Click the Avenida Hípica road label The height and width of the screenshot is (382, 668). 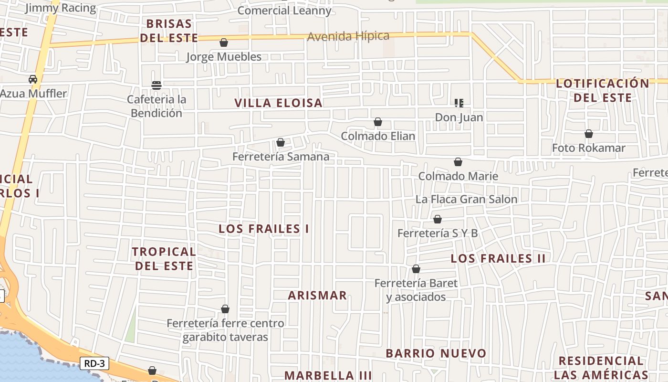348,36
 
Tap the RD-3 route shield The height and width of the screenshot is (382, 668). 94,363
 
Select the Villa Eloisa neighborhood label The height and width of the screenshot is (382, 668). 279,103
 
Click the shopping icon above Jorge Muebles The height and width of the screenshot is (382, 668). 224,43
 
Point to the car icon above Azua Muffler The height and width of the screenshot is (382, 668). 33,79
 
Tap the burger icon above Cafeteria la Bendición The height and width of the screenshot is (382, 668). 157,85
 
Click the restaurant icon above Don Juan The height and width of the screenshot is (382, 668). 459,103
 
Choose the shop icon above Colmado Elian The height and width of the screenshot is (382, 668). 378,122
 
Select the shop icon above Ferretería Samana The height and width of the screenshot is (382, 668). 281,143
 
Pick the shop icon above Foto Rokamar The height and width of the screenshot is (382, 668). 589,134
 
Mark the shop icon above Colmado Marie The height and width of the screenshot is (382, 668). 458,162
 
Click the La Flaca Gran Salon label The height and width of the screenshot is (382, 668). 466,199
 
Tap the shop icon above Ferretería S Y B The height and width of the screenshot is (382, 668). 438,220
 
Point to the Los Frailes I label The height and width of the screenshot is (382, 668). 264,229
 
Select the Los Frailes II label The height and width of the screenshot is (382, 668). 498,259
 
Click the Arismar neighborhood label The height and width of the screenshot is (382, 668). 317,295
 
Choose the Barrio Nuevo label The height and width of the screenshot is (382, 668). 436,353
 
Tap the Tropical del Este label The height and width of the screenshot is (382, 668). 164,258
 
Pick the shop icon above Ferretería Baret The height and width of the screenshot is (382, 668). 416,269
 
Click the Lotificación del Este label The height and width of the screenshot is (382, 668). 603,90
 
